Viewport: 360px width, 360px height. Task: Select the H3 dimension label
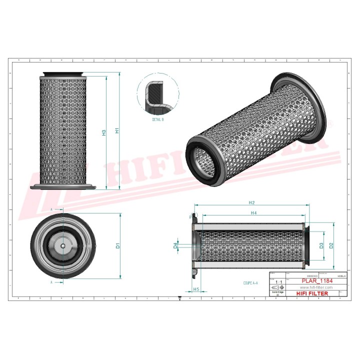pos(104,132)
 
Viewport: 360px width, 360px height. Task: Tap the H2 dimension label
pos(252,202)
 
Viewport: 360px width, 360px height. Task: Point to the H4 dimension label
pos(253,213)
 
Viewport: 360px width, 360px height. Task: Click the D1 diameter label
pos(118,245)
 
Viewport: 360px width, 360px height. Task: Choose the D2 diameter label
pos(331,245)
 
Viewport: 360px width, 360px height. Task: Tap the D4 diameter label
pos(175,245)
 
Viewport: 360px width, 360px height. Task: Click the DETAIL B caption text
pos(158,120)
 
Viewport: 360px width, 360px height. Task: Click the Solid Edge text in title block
pos(277,292)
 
